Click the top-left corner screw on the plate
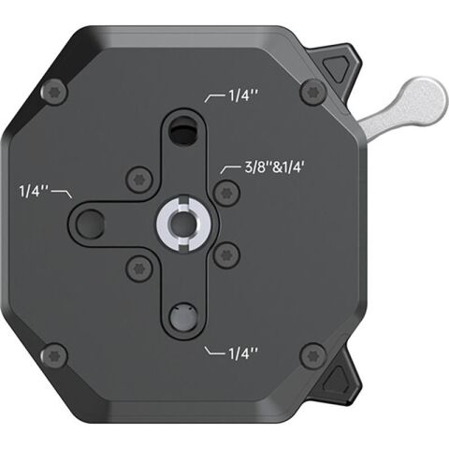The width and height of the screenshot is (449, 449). click(55, 92)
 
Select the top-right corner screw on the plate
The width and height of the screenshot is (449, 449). click(311, 92)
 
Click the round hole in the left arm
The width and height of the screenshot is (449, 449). click(92, 223)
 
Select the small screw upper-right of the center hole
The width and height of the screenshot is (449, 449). click(222, 192)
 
